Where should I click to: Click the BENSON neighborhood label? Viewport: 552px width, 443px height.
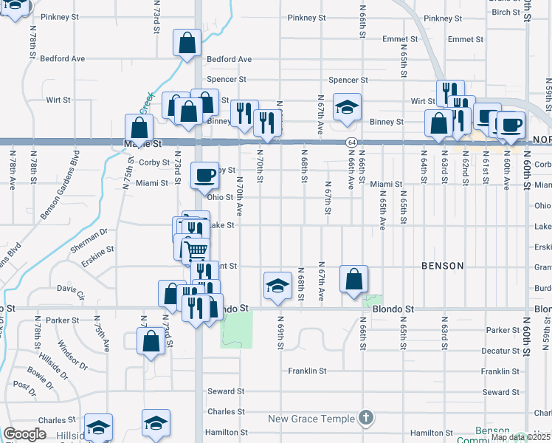(x=443, y=265)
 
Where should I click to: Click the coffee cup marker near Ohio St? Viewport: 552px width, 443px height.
(x=205, y=176)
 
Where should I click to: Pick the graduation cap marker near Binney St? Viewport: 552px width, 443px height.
(x=347, y=107)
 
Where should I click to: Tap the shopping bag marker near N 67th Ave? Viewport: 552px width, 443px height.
(x=354, y=279)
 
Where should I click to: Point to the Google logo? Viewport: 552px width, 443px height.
(x=24, y=434)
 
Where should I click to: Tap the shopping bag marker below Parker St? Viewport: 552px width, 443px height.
(x=150, y=342)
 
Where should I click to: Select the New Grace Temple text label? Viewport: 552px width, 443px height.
(x=311, y=419)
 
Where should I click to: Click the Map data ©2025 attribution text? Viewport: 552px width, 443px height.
(x=520, y=437)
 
